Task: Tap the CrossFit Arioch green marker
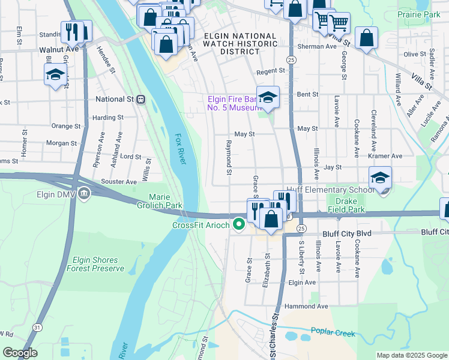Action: point(239,225)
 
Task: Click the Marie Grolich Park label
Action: point(165,201)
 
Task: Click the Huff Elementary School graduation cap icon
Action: point(380,178)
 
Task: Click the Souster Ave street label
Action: point(119,181)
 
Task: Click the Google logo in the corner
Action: point(20,353)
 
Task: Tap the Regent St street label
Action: point(270,71)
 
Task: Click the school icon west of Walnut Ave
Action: point(55,75)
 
